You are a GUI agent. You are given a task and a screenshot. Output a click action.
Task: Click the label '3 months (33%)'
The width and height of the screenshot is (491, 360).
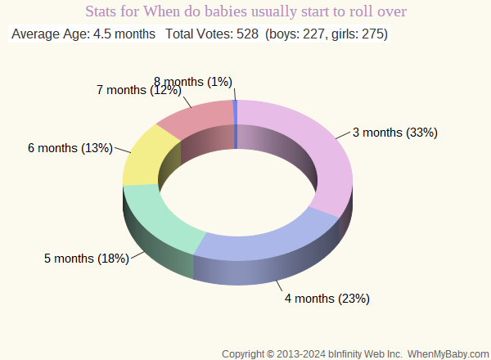point(395,133)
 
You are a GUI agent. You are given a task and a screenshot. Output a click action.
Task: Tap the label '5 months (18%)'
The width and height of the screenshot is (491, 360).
point(87,259)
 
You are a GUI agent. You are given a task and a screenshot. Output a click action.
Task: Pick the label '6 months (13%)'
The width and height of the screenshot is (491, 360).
point(70,148)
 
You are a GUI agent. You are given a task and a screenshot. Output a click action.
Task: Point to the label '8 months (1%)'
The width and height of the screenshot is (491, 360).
point(193,81)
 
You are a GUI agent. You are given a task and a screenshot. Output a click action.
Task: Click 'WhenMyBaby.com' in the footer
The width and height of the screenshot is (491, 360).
point(448,353)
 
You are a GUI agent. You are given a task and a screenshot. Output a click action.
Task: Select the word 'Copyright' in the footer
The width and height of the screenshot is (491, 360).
point(247,353)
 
